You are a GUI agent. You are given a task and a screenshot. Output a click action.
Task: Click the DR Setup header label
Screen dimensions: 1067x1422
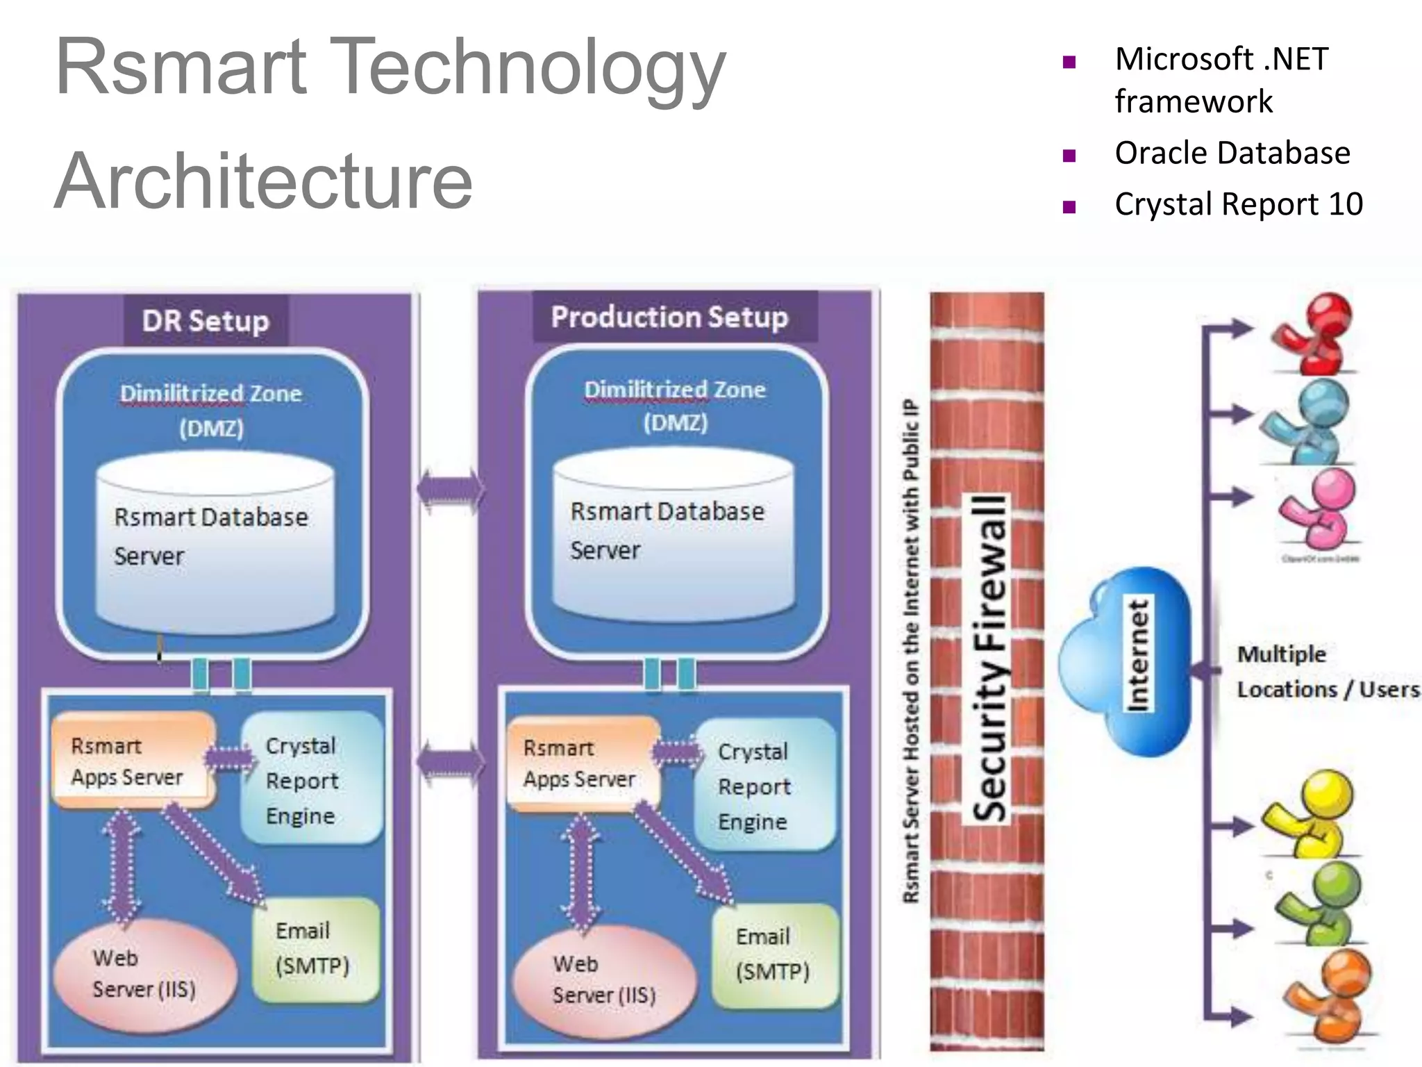click(206, 321)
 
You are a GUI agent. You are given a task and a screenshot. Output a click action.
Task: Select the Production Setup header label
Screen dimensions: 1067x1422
click(669, 317)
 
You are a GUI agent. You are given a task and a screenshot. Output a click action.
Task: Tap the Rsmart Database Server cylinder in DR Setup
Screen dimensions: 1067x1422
click(215, 543)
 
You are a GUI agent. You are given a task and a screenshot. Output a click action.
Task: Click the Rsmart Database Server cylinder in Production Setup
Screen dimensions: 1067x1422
click(672, 536)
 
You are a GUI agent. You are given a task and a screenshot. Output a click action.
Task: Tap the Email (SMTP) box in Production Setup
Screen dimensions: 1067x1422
click(774, 954)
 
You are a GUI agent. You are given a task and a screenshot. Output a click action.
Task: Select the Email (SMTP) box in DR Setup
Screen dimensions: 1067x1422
click(315, 948)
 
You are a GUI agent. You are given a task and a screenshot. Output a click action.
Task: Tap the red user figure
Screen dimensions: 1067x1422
click(1314, 334)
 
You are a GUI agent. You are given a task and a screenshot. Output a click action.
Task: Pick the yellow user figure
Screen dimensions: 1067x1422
click(1311, 813)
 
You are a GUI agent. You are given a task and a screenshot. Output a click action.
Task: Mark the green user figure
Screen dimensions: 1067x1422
click(1317, 903)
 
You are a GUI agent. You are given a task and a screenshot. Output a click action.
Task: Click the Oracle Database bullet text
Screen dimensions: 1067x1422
click(1232, 153)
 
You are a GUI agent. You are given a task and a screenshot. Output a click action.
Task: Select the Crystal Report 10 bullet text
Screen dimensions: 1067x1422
click(1238, 204)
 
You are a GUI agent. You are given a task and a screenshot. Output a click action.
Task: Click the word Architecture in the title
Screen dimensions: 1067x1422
click(264, 181)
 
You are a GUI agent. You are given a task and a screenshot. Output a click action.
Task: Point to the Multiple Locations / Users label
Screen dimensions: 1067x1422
click(1326, 672)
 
